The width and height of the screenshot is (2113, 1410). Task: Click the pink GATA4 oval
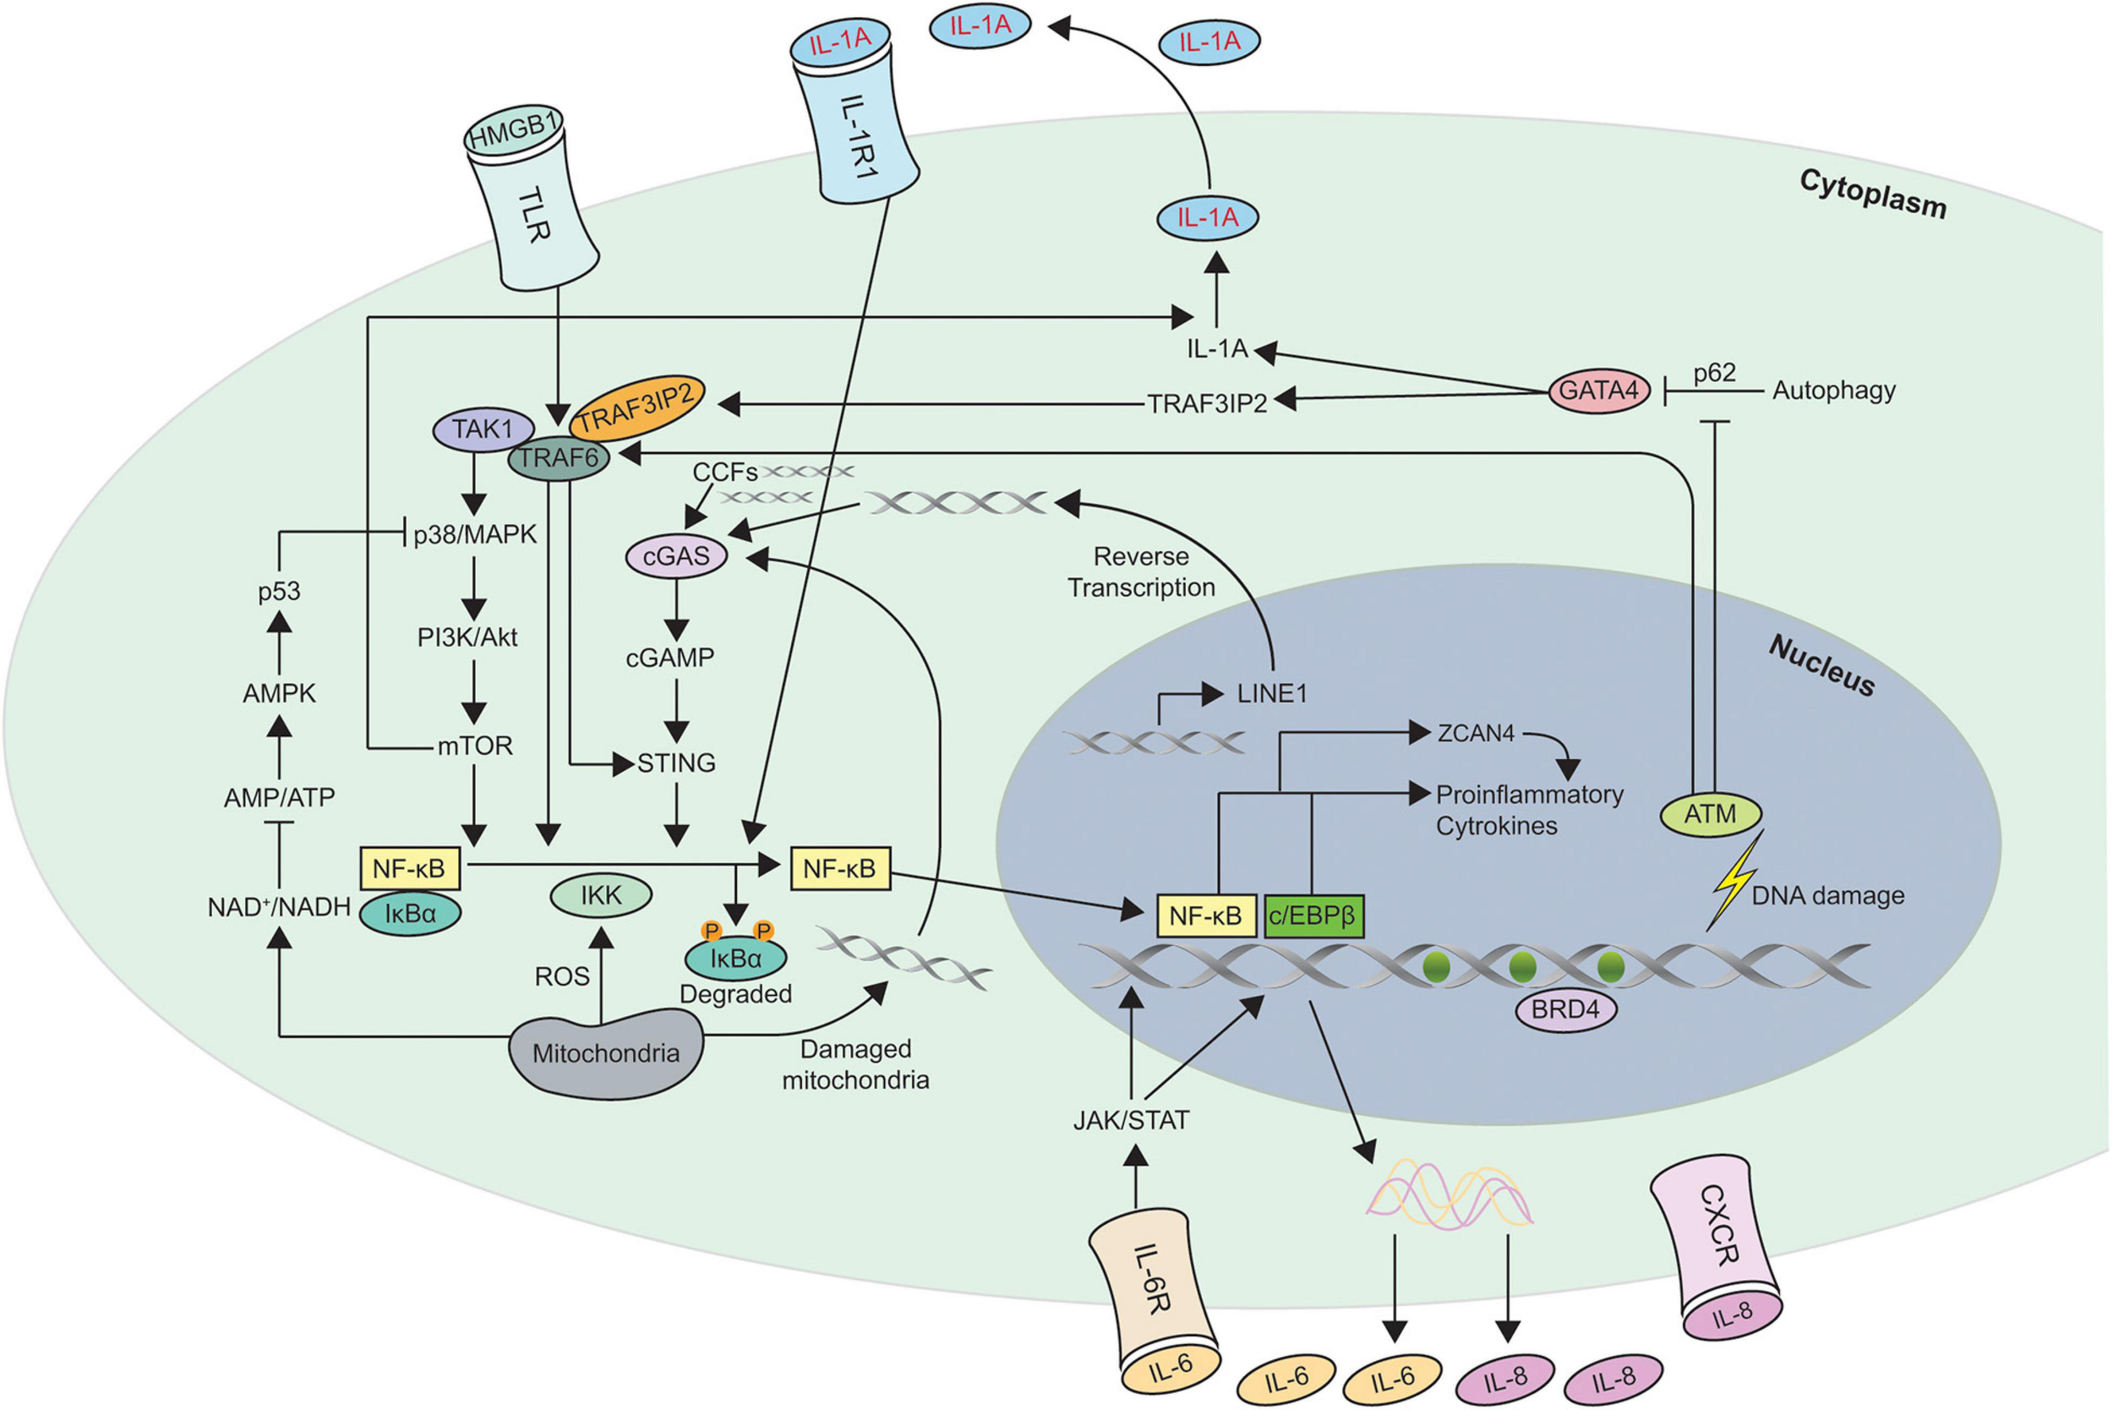coord(1598,391)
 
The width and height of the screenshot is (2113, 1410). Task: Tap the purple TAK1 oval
coord(483,429)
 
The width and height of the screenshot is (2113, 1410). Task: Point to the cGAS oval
coord(676,556)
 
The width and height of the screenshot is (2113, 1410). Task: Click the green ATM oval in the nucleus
coord(1709,814)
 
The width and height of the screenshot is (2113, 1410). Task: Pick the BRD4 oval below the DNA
coord(1565,1009)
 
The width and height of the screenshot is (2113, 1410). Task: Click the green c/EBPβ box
coord(1313,915)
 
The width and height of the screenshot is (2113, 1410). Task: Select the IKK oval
coord(601,896)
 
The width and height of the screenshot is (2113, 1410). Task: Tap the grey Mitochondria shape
coord(606,1052)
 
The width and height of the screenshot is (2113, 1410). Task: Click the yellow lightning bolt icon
coord(1734,880)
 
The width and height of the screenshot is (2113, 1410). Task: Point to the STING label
coord(676,763)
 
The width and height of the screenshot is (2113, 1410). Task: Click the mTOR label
coord(475,746)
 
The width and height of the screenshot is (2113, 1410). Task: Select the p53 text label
coord(279,592)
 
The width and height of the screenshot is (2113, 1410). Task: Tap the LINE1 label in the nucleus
coord(1271,693)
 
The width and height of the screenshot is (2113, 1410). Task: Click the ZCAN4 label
coord(1476,734)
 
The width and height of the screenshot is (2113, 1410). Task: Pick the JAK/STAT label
coord(1131,1120)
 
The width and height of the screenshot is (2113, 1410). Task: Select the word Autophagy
coord(1833,391)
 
